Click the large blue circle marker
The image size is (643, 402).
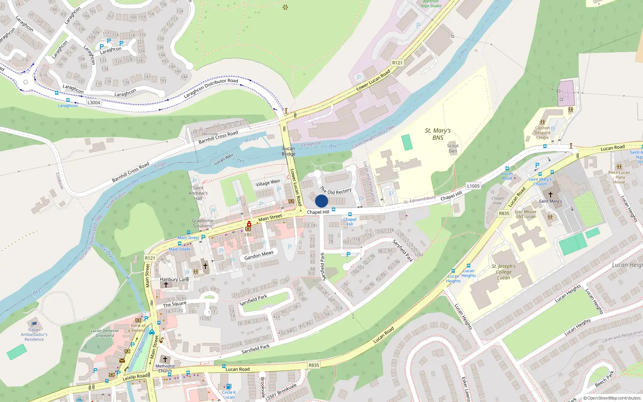pos(321,201)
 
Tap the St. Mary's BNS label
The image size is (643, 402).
pos(438,134)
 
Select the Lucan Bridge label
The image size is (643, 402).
pos(288,151)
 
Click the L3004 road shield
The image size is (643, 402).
pos(94,103)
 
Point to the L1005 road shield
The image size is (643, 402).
pos(473,186)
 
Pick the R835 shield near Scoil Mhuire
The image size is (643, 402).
pos(504,213)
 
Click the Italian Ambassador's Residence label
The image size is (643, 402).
pos(34,334)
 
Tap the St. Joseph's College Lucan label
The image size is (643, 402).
pos(504,272)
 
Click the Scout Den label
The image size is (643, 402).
pos(453,148)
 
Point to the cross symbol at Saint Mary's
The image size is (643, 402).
pos(551,194)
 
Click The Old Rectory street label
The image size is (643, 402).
pos(336,191)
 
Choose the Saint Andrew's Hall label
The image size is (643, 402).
pos(198,193)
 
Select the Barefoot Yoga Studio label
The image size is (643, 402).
pos(431,4)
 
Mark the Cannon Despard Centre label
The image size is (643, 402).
pos(542,133)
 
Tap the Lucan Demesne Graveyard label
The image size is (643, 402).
pos(104,333)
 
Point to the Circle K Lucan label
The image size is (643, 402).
pos(229,395)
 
